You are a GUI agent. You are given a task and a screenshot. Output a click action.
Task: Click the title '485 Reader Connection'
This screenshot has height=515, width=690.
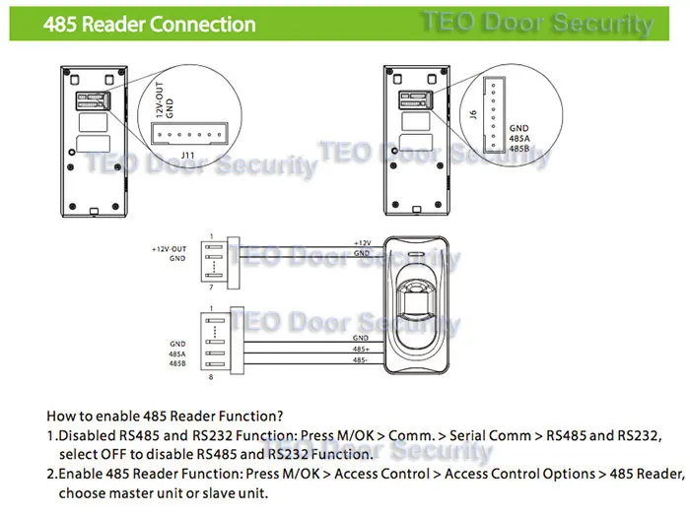click(149, 24)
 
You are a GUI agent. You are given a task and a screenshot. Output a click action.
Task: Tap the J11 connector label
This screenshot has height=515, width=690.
click(191, 155)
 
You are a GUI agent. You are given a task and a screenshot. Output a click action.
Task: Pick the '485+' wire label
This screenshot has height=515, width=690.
click(361, 349)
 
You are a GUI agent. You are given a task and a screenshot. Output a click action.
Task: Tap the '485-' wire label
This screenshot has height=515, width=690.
click(361, 362)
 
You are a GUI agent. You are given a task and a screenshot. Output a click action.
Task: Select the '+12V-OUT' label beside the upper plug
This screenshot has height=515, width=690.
click(170, 249)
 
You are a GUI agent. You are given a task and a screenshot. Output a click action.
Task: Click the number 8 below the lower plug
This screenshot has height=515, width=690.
click(209, 375)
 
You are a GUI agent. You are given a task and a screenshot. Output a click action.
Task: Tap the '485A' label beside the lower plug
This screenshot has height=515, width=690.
click(177, 354)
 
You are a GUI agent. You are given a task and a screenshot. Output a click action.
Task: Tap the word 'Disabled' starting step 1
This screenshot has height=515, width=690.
click(88, 435)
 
